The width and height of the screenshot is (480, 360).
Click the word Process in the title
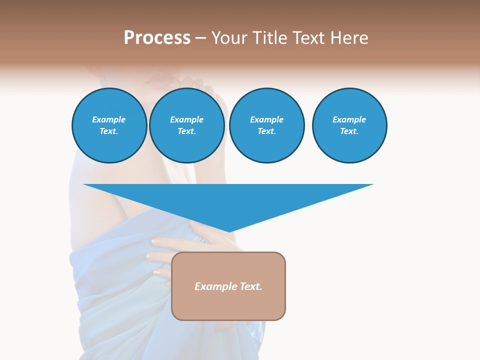click(x=157, y=38)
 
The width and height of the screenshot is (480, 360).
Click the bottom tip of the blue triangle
click(x=229, y=230)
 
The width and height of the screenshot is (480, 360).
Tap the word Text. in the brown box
click(x=250, y=286)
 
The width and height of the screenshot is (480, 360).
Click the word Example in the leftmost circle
click(x=109, y=119)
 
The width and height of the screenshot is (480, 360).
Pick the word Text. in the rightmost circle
click(x=349, y=131)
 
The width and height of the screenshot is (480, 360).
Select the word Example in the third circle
click(x=266, y=119)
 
